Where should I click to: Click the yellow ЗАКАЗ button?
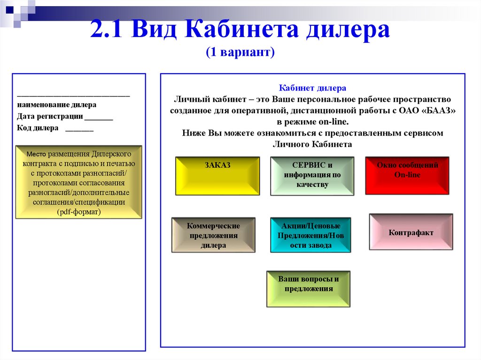coord(217,176)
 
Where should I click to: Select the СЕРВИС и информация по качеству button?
coord(312,176)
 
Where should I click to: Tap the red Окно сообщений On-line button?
coord(407,175)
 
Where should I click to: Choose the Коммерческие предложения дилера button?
coord(213,235)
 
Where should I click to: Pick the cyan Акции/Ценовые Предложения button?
coord(310,235)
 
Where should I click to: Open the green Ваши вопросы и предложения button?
coord(308,289)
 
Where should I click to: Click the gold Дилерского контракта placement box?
coord(78,182)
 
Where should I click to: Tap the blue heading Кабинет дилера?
coord(312,88)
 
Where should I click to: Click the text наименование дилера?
coord(57,105)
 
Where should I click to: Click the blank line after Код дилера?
coord(79,129)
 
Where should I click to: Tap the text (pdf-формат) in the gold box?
coord(79,212)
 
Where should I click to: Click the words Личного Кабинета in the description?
coord(312,145)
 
